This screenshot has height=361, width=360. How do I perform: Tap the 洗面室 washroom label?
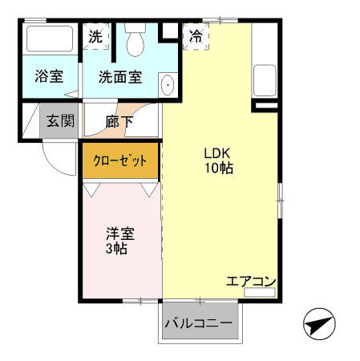119,78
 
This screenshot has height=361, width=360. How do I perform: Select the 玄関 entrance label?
59,122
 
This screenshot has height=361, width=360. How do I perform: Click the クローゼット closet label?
120,160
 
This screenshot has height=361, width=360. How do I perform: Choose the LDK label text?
216,153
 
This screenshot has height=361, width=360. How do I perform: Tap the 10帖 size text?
217,168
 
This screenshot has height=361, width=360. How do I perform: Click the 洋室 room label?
120,234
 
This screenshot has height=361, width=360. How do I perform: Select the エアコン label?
251,282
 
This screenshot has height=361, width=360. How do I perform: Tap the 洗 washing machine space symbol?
96,37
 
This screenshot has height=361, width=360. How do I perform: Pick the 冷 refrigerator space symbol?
196,36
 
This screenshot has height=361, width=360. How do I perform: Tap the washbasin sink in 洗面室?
168,85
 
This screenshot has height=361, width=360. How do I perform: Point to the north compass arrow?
319,326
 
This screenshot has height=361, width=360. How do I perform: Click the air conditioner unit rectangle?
258,294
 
